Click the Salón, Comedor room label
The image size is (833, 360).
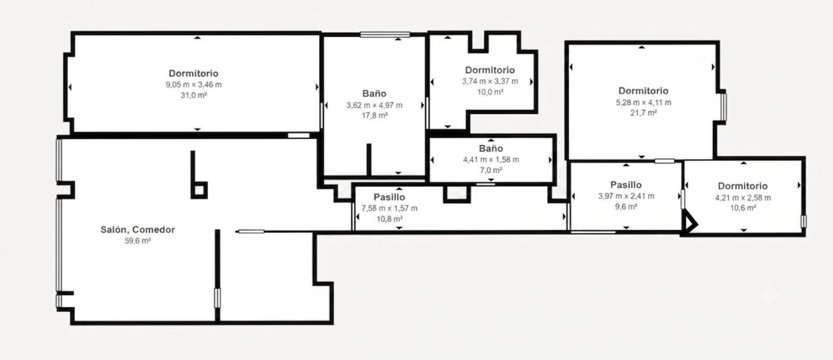coord(138,229)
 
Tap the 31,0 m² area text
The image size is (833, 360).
coord(194,95)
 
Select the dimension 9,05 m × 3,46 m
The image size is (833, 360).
coord(194,85)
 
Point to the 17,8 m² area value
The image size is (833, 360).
coord(375,116)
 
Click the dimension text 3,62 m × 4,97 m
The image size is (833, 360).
coord(374,105)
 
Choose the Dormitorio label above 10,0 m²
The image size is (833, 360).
coord(490,70)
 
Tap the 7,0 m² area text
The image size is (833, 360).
coord(491,170)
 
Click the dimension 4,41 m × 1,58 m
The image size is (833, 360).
coord(491,160)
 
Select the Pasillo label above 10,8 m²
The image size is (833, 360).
coord(389,197)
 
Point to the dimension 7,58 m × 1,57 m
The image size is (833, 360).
coord(389,208)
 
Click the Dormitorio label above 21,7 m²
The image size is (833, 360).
coord(643,91)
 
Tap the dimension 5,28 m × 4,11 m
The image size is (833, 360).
coord(644,102)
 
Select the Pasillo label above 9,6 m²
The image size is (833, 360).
coord(626,185)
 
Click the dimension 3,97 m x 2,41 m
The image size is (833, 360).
coord(626,196)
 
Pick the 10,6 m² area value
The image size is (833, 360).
coord(743,208)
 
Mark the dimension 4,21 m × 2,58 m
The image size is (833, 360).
coord(743,197)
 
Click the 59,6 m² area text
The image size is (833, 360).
coord(138,241)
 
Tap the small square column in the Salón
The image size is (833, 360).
coord(200,190)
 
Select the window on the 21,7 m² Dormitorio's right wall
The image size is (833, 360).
coord(724,107)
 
